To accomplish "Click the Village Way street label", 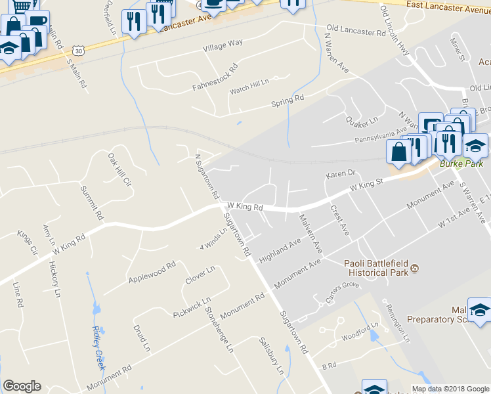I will [223, 43].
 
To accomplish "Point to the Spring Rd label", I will [288, 100].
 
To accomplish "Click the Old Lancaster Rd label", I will [356, 31].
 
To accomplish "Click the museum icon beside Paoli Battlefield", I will [415, 267].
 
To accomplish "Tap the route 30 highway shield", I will [79, 50].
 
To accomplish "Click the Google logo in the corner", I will [22, 386].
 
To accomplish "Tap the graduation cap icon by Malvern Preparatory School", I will [479, 309].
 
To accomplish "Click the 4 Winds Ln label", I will [213, 241].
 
